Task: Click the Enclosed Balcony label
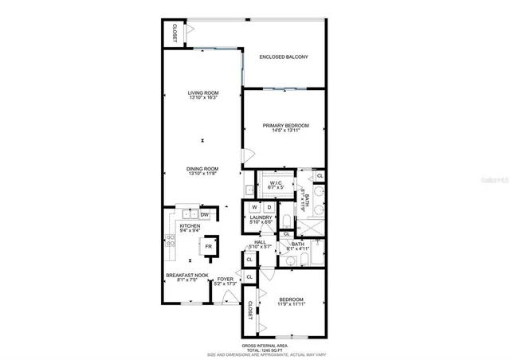pyautogui.click(x=284, y=57)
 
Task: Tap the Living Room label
pyautogui.click(x=203, y=93)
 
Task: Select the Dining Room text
pyautogui.click(x=203, y=168)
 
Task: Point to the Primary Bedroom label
pyautogui.click(x=285, y=125)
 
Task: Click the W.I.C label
pyautogui.click(x=277, y=183)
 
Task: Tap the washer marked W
pyautogui.click(x=254, y=208)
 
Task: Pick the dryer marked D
pyautogui.click(x=269, y=208)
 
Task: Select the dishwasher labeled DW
pyautogui.click(x=205, y=214)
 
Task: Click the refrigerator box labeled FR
pyautogui.click(x=209, y=247)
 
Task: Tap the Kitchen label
pyautogui.click(x=189, y=226)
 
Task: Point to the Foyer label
pyautogui.click(x=226, y=279)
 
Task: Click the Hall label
pyautogui.click(x=259, y=242)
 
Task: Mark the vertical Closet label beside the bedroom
pyautogui.click(x=249, y=311)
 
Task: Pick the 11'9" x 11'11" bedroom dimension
pyautogui.click(x=291, y=304)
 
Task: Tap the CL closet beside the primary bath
pyautogui.click(x=320, y=175)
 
